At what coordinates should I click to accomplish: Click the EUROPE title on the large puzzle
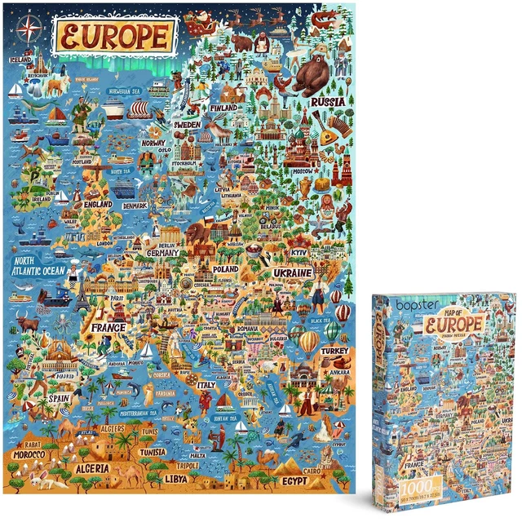tap(114, 36)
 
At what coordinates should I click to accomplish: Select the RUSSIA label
tap(329, 103)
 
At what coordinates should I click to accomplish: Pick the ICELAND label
tap(22, 60)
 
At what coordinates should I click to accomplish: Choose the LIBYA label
tap(175, 479)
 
